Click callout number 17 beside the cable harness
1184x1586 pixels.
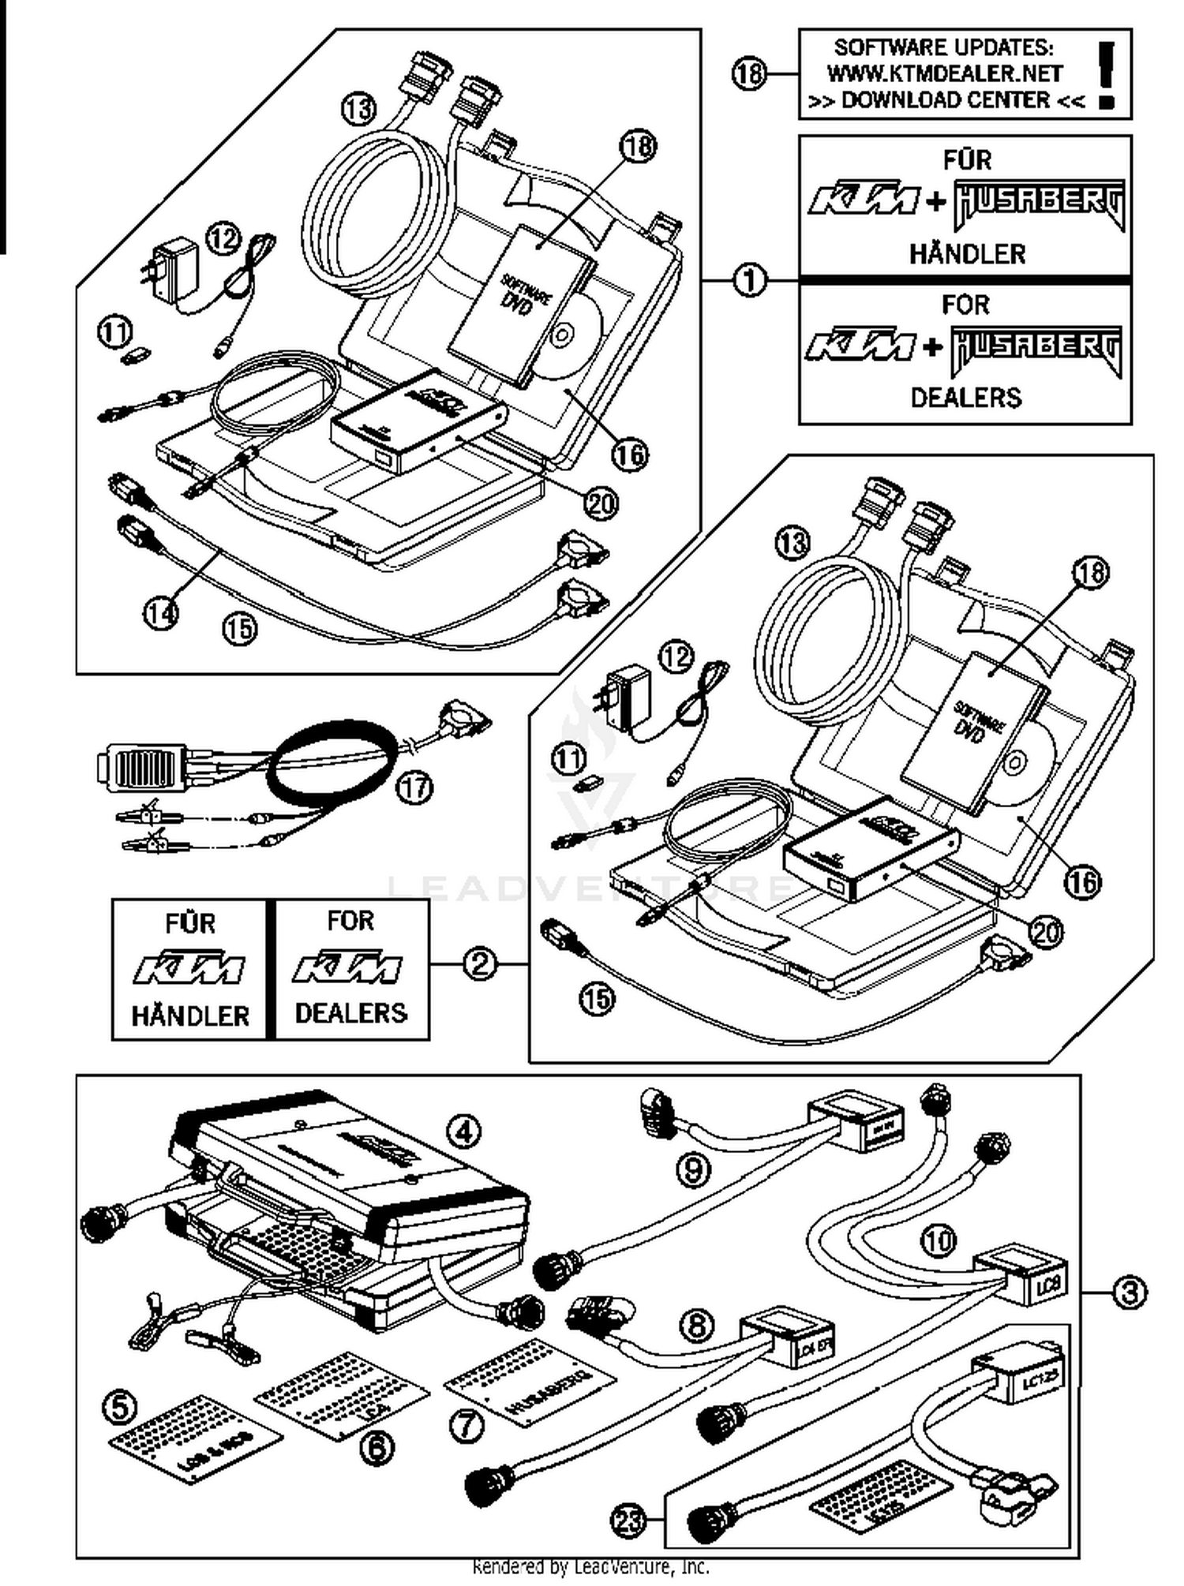coord(415,787)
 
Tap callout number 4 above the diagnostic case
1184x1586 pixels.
coord(463,1132)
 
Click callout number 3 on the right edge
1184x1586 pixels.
coord(1130,1292)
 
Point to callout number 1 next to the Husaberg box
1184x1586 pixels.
coord(750,279)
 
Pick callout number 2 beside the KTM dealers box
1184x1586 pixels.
coord(479,963)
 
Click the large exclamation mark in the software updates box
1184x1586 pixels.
coord(1107,75)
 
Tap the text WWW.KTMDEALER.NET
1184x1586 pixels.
coord(944,73)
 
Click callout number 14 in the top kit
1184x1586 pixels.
coord(161,612)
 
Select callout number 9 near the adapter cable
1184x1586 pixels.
coord(693,1170)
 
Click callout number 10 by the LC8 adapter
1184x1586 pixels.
coord(938,1241)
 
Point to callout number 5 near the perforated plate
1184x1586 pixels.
coord(120,1407)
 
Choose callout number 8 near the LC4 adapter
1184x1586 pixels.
coord(696,1325)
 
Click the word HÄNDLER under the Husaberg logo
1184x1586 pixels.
coord(966,254)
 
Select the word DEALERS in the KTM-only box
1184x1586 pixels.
coord(350,1012)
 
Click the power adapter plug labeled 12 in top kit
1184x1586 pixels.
coord(168,271)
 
